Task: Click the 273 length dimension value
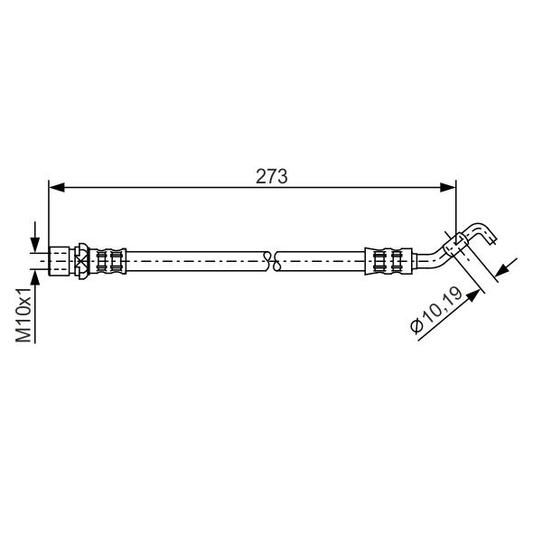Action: pos(271,177)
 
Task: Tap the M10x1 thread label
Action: pos(23,314)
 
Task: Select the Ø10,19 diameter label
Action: pos(436,310)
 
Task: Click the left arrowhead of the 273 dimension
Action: pos(57,188)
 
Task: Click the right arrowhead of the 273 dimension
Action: pos(448,188)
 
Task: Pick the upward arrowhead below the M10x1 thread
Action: pos(35,278)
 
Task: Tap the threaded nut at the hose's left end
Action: pos(59,261)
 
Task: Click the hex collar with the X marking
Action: pos(82,261)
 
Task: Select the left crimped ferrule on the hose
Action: pos(108,261)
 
